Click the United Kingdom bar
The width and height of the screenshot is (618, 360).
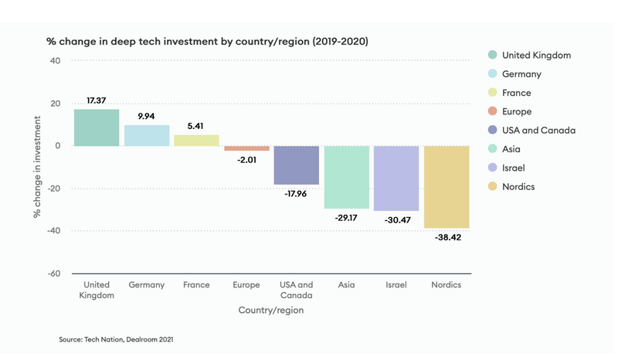(97, 127)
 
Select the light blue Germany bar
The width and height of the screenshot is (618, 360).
(147, 135)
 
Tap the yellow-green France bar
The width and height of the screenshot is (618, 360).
(196, 140)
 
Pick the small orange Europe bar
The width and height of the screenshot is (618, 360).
(246, 148)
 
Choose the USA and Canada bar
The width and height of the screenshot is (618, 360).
(297, 165)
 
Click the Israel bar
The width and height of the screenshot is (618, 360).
(396, 178)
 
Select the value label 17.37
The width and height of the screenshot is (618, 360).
(97, 101)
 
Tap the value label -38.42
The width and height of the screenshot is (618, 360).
(447, 238)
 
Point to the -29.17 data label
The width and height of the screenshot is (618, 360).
(346, 219)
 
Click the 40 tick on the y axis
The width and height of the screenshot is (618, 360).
(55, 61)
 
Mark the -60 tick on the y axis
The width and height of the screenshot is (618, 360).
(53, 273)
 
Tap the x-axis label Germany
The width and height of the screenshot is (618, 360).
(147, 285)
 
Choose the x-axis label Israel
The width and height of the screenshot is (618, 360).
(396, 285)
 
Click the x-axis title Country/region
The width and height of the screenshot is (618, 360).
(271, 311)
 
